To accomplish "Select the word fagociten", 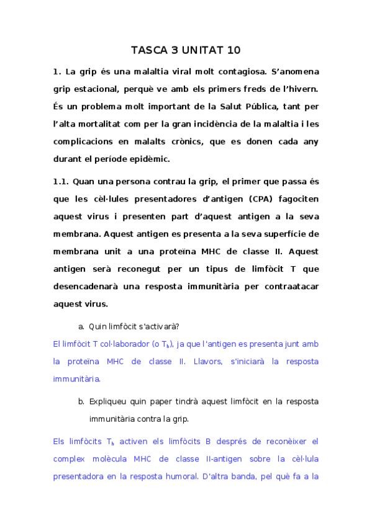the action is [294, 200].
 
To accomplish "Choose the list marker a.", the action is [81, 326].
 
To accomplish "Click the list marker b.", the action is [81, 401].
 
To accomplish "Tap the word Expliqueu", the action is [109, 401].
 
